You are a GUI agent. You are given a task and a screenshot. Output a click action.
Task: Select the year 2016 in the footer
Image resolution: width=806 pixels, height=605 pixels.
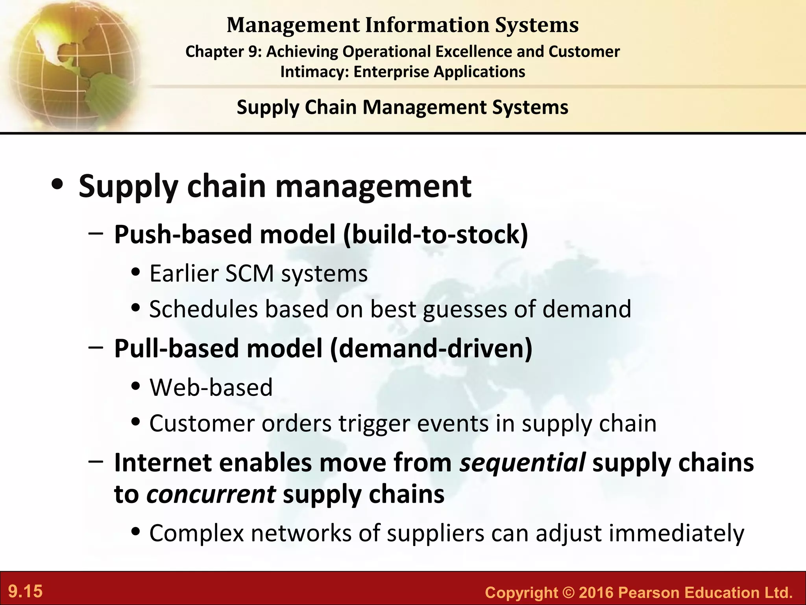[596, 592]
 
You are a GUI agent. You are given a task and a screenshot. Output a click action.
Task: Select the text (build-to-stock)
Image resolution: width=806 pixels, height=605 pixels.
[435, 234]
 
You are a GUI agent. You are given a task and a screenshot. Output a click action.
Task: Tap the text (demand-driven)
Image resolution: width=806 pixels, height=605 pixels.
[431, 349]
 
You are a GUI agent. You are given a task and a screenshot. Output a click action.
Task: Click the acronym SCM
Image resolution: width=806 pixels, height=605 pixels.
[249, 273]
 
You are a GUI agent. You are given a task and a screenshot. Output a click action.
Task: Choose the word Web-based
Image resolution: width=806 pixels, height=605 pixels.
[211, 387]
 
